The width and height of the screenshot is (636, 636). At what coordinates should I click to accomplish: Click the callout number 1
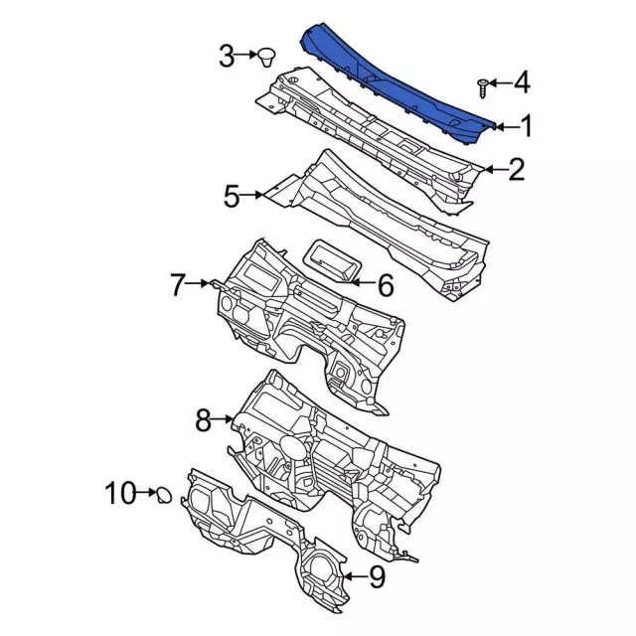(x=526, y=126)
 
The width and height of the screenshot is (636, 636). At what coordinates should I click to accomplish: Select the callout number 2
(x=517, y=170)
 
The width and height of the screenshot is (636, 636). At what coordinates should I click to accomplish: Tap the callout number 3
(x=227, y=56)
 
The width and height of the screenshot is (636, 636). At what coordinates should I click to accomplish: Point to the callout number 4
(x=522, y=82)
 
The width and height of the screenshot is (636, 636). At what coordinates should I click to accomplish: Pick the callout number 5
(x=232, y=197)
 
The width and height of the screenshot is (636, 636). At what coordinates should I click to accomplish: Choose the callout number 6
(x=386, y=285)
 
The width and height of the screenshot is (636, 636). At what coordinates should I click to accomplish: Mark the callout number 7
(x=177, y=284)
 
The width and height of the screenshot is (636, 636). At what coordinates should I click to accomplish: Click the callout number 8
(x=203, y=420)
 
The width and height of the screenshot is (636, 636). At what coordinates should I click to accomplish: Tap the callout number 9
(x=377, y=576)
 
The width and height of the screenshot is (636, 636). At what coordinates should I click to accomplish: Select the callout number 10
(x=120, y=493)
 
